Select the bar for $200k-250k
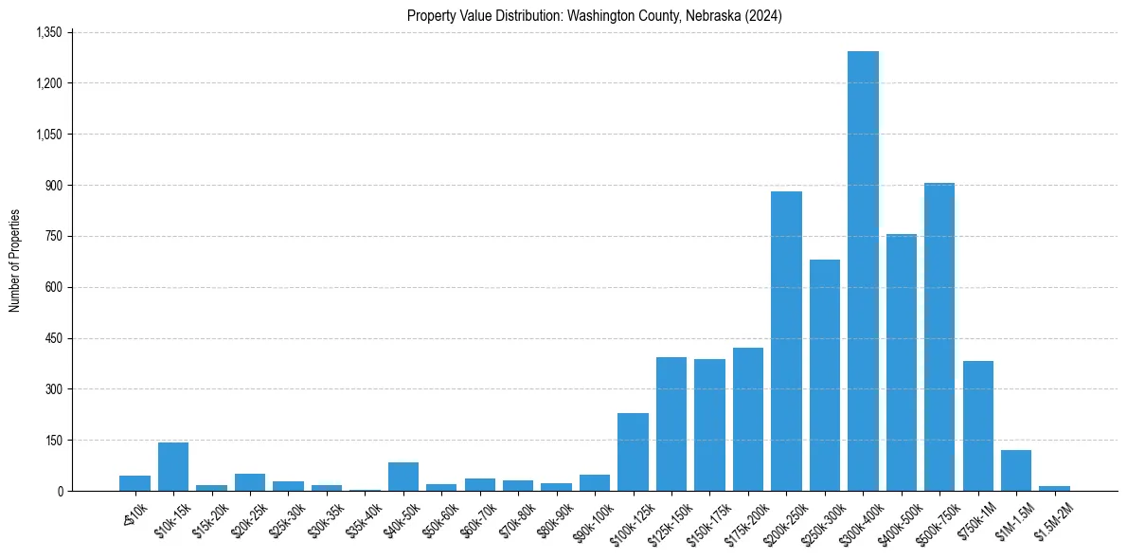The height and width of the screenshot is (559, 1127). [786, 341]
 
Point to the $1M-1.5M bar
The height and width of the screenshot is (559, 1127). [1016, 470]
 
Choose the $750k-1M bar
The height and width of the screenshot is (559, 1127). [977, 425]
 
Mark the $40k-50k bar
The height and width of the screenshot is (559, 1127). [403, 477]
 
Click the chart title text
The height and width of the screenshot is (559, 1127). [595, 16]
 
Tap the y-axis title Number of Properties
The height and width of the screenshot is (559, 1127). [15, 261]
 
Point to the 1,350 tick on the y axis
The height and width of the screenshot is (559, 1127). [48, 32]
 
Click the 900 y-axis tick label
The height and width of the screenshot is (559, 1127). [53, 186]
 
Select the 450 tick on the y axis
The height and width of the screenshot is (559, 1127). [53, 338]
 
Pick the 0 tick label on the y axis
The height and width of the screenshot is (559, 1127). [60, 491]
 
